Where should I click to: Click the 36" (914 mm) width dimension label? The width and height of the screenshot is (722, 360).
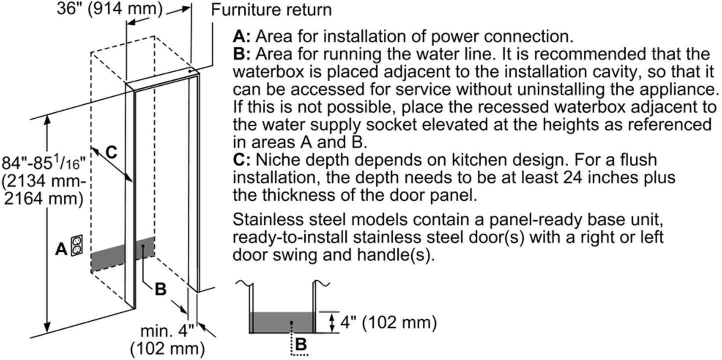point(110,8)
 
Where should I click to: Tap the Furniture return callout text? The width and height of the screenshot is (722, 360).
point(271,10)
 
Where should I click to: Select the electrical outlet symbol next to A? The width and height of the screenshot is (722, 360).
point(77,246)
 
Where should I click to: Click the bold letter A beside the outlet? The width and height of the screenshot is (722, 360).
point(61,249)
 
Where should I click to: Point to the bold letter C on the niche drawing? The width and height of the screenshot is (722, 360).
point(111,152)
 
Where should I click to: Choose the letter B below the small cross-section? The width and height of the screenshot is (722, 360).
point(301,344)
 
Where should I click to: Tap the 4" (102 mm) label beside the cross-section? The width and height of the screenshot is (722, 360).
point(389,322)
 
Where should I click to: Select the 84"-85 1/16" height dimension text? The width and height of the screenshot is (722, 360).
point(44,180)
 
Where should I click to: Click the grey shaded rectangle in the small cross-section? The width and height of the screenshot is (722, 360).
point(282,322)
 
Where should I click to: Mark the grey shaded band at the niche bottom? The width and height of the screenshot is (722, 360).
point(122,254)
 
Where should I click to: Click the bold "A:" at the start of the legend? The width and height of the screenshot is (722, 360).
point(242,36)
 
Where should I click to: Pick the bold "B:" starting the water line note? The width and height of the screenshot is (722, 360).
point(242,54)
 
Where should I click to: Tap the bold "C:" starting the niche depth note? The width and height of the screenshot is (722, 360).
point(242,160)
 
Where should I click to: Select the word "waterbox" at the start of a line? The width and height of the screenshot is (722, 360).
point(268,72)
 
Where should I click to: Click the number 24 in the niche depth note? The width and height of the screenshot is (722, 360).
point(572,177)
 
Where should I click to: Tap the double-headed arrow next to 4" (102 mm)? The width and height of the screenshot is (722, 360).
point(332,322)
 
